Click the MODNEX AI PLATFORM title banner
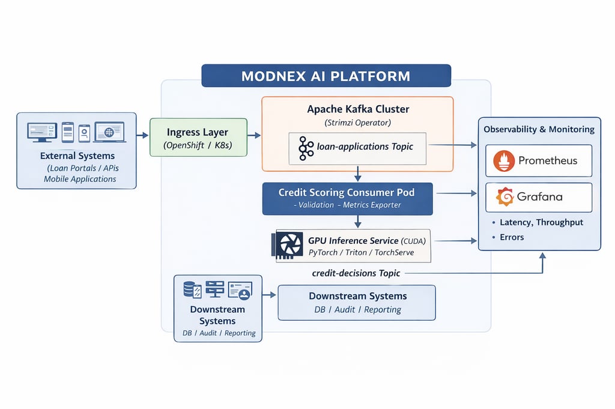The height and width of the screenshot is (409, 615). pos(326,76)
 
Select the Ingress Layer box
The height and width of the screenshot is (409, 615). pos(198,138)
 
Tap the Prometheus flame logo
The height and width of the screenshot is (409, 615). pos(504,160)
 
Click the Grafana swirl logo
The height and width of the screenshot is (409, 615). pos(504,197)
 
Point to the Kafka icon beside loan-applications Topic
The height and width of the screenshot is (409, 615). pos(306,148)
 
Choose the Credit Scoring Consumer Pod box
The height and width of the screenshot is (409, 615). pos(347,198)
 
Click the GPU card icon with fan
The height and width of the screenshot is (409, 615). pos(289,246)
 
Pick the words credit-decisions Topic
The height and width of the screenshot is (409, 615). pos(356,273)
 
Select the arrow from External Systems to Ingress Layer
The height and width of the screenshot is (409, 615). pos(142,136)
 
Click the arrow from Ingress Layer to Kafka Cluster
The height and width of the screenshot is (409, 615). pos(254,136)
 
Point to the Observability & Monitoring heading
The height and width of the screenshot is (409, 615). pos(539,129)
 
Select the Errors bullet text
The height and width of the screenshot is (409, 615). pos(512,237)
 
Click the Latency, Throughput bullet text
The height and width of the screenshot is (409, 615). pos(541,222)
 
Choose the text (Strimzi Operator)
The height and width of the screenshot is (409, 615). pos(357,123)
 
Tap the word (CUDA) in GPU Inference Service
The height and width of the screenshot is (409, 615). pos(416,240)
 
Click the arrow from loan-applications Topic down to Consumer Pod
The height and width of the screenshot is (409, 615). pos(358,174)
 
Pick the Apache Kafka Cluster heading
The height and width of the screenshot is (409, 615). pos(358,109)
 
